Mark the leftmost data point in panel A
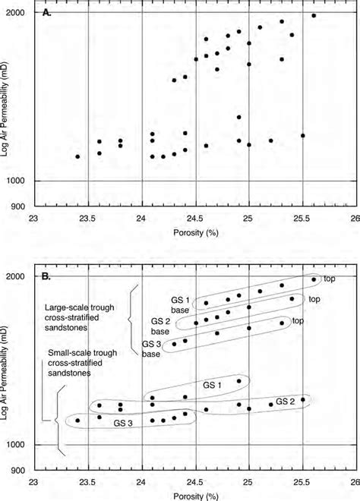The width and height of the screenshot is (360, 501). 77,156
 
